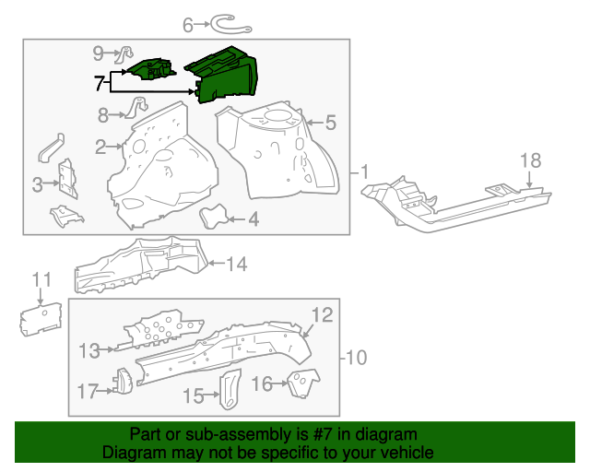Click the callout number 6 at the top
click(x=188, y=26)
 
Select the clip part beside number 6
click(x=222, y=22)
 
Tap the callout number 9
click(x=99, y=53)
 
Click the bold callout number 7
click(x=100, y=83)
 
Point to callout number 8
click(x=104, y=115)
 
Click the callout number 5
click(x=330, y=122)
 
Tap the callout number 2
click(x=100, y=147)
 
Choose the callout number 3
click(x=38, y=185)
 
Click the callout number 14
click(x=237, y=265)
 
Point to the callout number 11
click(x=41, y=279)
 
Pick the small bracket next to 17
click(x=120, y=380)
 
